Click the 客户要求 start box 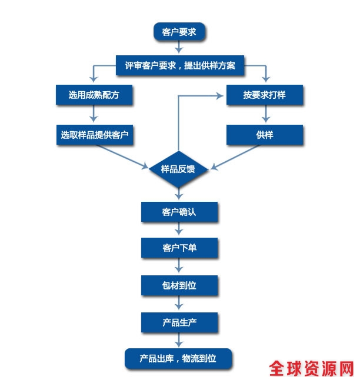coord(179,31)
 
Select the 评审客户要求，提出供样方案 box coord(179,65)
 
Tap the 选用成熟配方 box coord(94,95)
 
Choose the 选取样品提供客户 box coord(94,135)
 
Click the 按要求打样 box coord(264,95)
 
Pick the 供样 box coord(264,135)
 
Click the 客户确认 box coord(179,212)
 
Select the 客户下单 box coord(179,248)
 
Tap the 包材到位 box coord(179,285)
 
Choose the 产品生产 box coord(179,322)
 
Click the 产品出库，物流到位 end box coord(178,358)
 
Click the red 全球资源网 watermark coord(312,368)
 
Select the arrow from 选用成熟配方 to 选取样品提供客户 coord(94,115)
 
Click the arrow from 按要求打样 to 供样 coord(264,115)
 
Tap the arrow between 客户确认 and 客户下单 coord(179,230)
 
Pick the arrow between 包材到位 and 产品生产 coord(179,304)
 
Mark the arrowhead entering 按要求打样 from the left coord(221,95)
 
